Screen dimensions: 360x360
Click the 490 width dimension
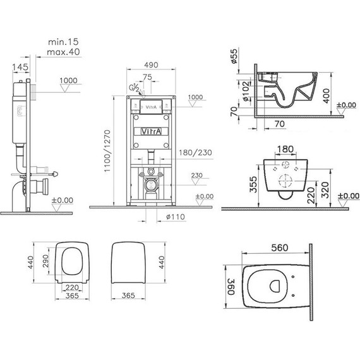pos(151,65)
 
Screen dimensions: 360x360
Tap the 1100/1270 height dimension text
pos(107,151)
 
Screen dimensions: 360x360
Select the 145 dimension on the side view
pos(20,67)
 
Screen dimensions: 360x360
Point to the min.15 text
pos(63,42)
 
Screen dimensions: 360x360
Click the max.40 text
pos(63,52)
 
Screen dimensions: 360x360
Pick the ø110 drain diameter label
pos(176,217)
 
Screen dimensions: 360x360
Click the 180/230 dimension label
pos(195,152)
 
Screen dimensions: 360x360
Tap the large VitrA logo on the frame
pos(152,131)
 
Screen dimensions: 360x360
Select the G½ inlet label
pos(134,88)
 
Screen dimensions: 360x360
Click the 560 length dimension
pos(279,248)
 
